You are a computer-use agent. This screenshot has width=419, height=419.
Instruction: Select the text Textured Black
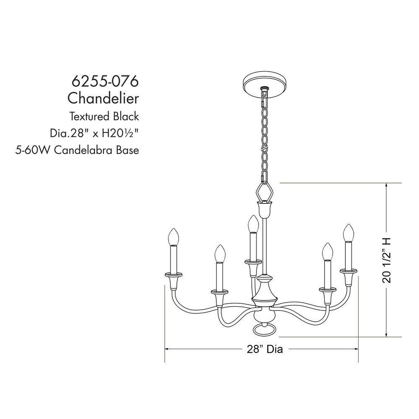click(104, 116)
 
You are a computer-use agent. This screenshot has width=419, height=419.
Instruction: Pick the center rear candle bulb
click(252, 224)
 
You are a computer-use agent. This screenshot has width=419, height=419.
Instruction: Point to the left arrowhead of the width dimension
click(167, 349)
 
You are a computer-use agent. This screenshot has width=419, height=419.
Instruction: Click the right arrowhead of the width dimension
click(357, 349)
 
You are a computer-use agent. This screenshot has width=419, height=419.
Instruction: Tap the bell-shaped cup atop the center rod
click(264, 208)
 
